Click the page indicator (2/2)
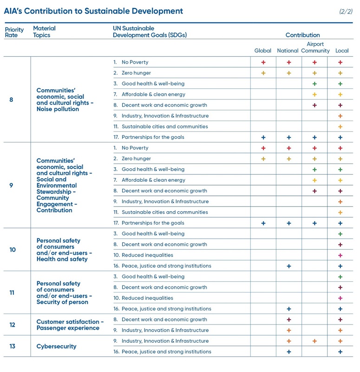[x=346, y=11]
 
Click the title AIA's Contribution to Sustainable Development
[x=93, y=11]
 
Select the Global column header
[x=262, y=51]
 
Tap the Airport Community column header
[x=315, y=47]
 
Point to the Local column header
[x=342, y=51]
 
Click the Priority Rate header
[x=14, y=32]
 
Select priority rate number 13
[x=13, y=346]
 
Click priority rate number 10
[x=13, y=250]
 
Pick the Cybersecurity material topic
[x=56, y=346]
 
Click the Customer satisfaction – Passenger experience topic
[x=70, y=325]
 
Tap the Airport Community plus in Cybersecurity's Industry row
[x=314, y=341]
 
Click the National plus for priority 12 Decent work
[x=288, y=319]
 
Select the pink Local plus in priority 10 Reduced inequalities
[x=340, y=255]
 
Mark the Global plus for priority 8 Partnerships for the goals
[x=263, y=137]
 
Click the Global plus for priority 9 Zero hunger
[x=263, y=159]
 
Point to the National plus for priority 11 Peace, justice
[x=288, y=309]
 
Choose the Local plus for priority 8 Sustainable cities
[x=340, y=126]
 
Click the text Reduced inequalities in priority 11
[x=147, y=298]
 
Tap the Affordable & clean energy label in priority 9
[x=153, y=180]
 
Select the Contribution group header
[x=303, y=35]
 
